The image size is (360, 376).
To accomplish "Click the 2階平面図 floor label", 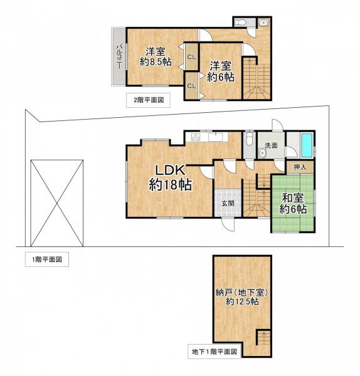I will point(148,100).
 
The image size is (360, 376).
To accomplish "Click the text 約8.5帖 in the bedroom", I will point(156,62).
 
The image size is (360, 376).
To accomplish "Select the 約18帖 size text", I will point(170,185).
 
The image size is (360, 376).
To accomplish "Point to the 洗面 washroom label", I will point(270,145).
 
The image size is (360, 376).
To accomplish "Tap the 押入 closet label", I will point(300,167).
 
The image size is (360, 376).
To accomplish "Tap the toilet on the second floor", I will point(242,23).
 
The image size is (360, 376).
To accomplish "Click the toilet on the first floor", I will point(249,137).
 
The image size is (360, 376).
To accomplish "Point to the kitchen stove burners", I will point(196,137).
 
